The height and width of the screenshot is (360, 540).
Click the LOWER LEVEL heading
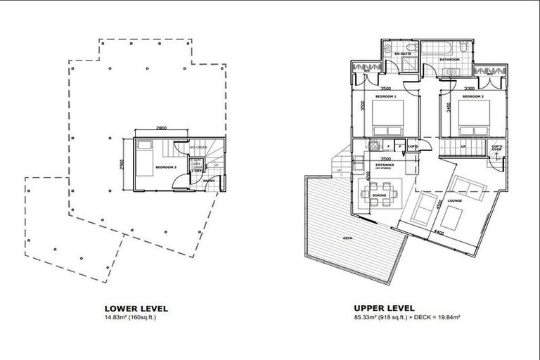coord(136,308)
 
